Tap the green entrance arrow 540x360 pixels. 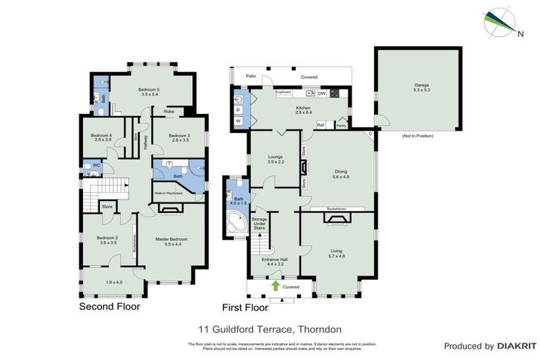(275, 286)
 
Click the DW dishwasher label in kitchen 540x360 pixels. (321, 93)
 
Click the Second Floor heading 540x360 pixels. (109, 307)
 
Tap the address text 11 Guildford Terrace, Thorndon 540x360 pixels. (269, 328)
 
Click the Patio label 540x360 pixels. (251, 76)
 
